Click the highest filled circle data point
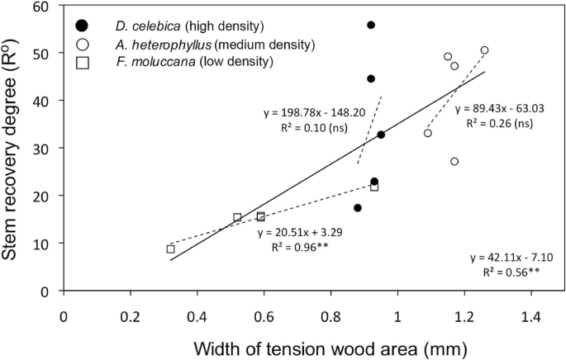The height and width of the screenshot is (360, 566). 371,25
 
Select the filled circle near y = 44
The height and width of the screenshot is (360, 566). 371,78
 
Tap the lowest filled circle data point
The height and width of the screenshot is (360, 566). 358,208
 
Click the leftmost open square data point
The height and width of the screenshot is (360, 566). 171,249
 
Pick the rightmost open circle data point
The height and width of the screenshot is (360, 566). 485,50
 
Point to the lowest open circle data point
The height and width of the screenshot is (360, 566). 454,161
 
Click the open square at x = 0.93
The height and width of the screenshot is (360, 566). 374,187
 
